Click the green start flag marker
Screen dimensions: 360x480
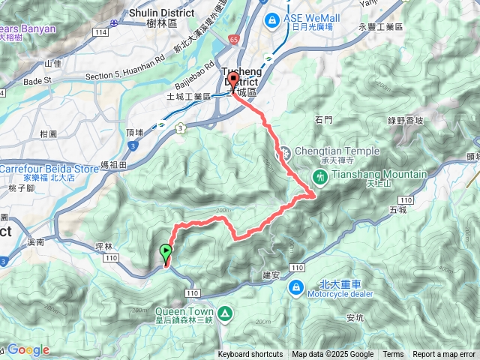(166, 253)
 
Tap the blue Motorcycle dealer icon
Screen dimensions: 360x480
(297, 286)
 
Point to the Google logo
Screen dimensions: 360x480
(28, 349)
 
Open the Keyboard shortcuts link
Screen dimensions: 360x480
(250, 355)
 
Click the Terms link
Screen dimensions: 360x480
(393, 355)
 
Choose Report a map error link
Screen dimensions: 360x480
(444, 355)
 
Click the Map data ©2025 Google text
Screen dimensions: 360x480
(333, 355)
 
